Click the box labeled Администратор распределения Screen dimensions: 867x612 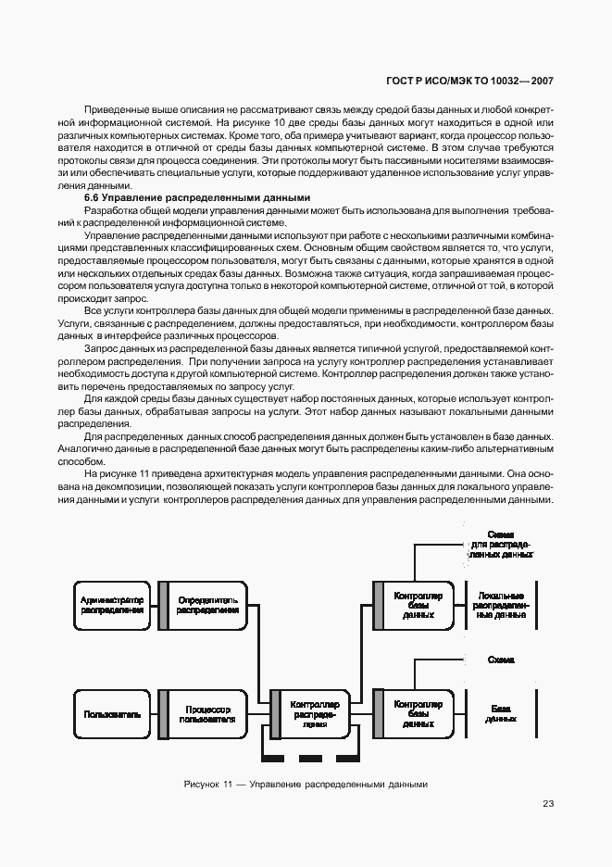click(111, 605)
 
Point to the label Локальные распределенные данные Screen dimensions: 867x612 click(500, 605)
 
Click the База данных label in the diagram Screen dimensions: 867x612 click(500, 712)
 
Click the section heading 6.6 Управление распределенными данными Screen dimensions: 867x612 click(196, 197)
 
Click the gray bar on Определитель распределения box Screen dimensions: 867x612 click(162, 605)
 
